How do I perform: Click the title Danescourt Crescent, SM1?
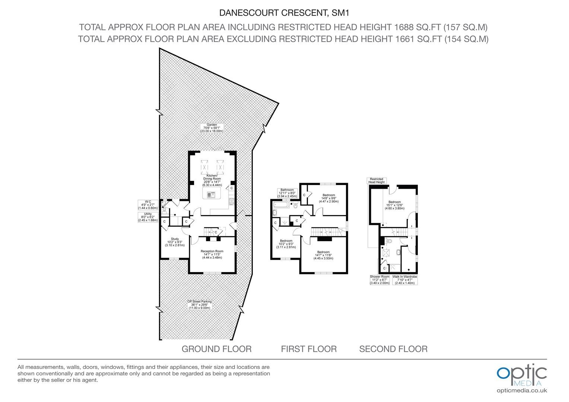[x=284, y=13]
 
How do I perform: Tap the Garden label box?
[x=212, y=128]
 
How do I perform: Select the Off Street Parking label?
[x=200, y=305]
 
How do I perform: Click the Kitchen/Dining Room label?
[x=212, y=180]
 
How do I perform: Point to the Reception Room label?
[x=212, y=254]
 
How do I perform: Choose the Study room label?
[x=175, y=242]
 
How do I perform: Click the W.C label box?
[x=148, y=205]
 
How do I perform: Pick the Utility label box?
[x=148, y=217]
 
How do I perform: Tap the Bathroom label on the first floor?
[x=287, y=193]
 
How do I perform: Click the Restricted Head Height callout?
[x=377, y=181]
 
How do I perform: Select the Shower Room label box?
[x=380, y=280]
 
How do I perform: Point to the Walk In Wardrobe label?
[x=405, y=280]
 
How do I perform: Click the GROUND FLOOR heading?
[x=217, y=349]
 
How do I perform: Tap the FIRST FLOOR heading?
[x=309, y=349]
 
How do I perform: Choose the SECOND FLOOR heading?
[x=394, y=349]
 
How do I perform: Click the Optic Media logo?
[x=522, y=375]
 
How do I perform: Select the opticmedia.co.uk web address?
[x=522, y=390]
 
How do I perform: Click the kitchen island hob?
[x=210, y=195]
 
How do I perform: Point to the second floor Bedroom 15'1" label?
[x=394, y=205]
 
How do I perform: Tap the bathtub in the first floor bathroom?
[x=281, y=205]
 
